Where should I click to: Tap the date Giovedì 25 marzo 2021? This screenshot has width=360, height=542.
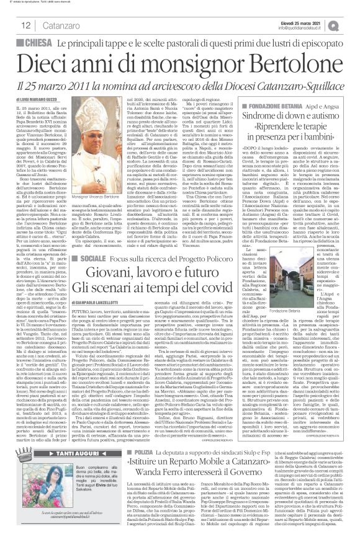click(302, 22)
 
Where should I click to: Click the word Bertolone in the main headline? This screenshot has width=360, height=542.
click(283, 65)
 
